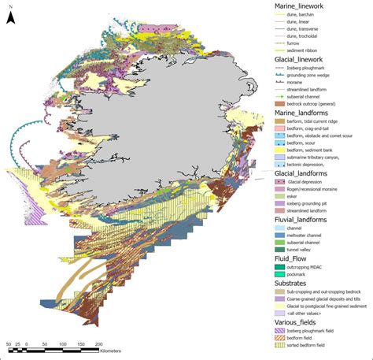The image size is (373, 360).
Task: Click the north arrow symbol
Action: coord(9,15)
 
